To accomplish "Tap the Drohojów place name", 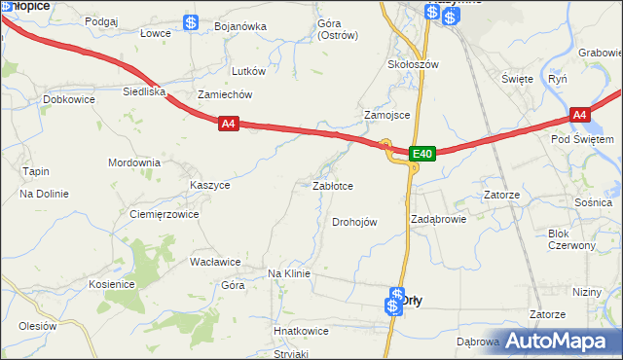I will (x=354, y=222).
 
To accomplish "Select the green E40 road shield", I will (x=421, y=154).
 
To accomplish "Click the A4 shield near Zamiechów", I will (x=228, y=124).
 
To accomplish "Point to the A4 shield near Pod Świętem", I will (x=579, y=116).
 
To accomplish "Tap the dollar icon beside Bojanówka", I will (x=192, y=22).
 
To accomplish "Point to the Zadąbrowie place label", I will (x=438, y=219).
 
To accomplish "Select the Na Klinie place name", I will (x=288, y=273).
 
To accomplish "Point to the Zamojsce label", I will (x=386, y=115).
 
